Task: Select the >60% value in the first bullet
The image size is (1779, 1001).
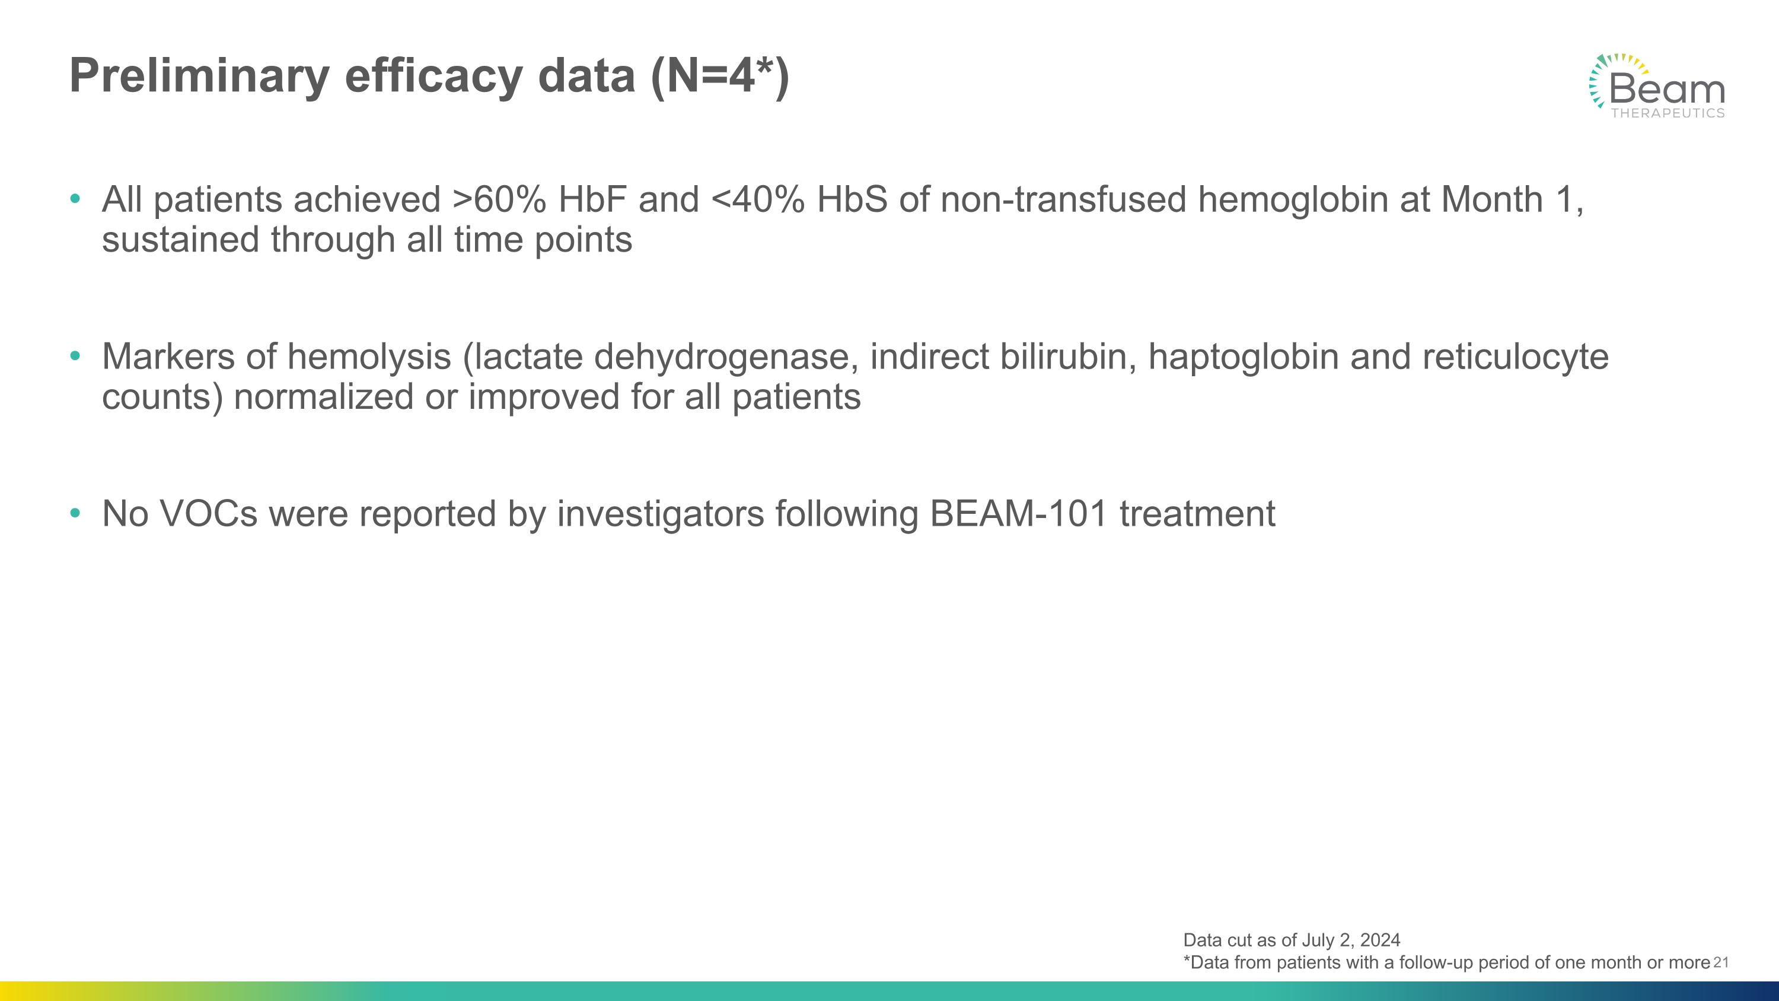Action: click(499, 201)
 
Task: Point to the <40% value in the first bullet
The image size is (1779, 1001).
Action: click(758, 201)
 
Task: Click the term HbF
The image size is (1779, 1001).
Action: click(592, 201)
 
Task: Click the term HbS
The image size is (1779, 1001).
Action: click(852, 201)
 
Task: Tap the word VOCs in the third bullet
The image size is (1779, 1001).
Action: click(209, 514)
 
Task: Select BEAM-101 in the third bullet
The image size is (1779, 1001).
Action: click(1019, 514)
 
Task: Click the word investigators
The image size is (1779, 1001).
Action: click(660, 514)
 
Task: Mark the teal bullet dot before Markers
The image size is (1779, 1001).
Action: click(75, 357)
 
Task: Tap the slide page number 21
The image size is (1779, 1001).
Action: click(1721, 962)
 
